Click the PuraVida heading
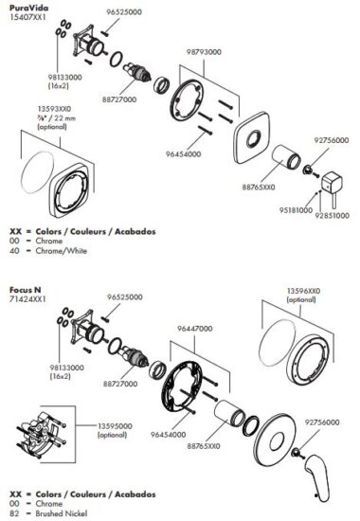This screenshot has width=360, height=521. tap(28, 8)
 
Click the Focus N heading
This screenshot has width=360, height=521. tap(25, 290)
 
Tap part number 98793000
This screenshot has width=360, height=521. tap(204, 52)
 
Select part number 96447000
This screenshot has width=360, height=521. tap(194, 329)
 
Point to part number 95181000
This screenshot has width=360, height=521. tap(296, 210)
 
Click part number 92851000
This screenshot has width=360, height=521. tap(333, 215)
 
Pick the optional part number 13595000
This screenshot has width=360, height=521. tap(115, 426)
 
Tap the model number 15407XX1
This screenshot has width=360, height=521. tap(27, 17)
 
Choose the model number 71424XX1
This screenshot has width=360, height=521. tap(27, 299)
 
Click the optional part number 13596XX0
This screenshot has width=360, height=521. tap(303, 291)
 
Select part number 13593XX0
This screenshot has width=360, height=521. tap(54, 109)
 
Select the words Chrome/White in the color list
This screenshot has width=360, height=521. tap(62, 250)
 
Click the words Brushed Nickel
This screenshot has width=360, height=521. tap(62, 513)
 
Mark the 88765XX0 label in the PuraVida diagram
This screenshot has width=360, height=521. tap(259, 187)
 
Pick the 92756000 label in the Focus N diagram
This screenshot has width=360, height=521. tap(322, 422)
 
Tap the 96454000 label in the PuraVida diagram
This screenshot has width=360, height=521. tap(183, 154)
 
